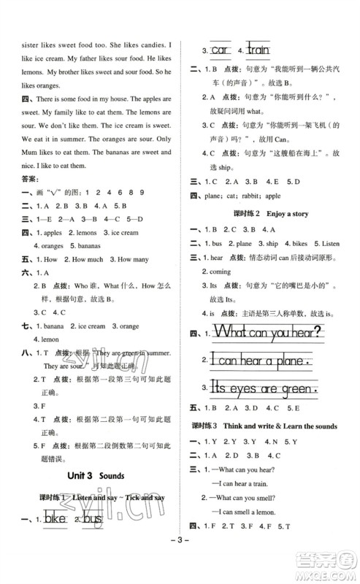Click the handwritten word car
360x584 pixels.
click(x=219, y=50)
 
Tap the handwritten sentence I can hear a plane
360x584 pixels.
click(x=260, y=359)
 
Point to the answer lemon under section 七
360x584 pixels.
click(x=44, y=339)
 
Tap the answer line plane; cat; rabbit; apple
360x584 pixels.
click(x=242, y=196)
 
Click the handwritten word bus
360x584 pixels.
click(x=91, y=521)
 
